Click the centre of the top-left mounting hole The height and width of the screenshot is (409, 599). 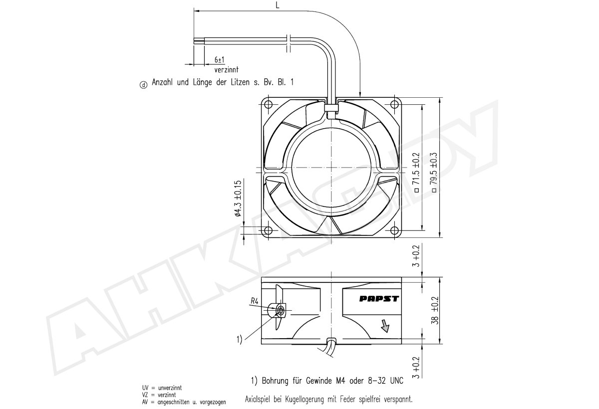[268, 104]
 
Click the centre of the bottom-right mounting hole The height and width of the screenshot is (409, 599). [394, 230]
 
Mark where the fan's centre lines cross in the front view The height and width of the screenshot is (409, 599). [331, 168]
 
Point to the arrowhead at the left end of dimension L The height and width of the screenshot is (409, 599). [197, 11]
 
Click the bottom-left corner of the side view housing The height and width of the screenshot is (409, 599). [261, 344]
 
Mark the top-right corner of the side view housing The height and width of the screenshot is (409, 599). [401, 277]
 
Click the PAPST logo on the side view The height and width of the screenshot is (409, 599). [379, 298]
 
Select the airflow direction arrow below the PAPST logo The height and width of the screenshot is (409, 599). [385, 326]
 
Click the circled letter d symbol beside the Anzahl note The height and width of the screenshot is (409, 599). [144, 85]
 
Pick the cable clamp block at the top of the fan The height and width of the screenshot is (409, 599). [331, 108]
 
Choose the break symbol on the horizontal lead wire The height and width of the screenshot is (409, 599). [289, 43]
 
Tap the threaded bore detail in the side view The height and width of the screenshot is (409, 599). [280, 310]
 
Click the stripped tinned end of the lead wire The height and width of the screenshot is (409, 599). [199, 40]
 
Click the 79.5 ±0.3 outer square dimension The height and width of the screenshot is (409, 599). [434, 172]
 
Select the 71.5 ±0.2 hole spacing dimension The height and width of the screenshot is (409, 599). [417, 172]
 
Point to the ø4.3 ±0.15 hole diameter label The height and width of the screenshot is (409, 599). [238, 198]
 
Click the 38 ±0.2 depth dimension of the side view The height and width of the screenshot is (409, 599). [436, 310]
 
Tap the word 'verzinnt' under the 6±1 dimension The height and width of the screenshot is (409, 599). [226, 70]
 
